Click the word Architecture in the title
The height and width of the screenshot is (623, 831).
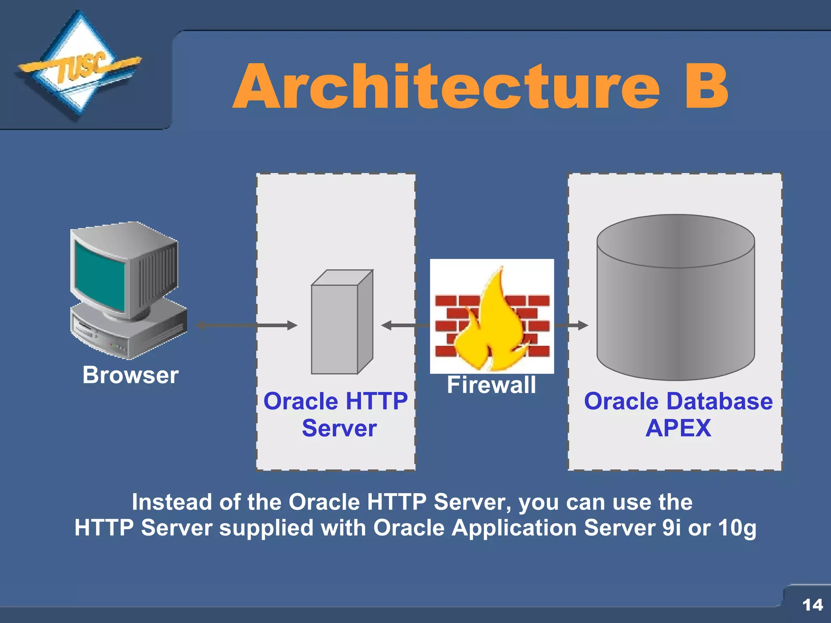446,87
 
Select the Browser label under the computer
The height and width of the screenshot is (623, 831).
130,375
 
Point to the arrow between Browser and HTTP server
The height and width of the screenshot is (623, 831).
246,325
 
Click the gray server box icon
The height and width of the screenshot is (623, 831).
341,322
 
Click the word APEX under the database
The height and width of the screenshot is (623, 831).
678,428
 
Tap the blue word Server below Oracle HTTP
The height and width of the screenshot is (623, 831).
339,428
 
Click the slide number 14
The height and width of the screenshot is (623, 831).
812,605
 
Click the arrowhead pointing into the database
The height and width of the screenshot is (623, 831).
583,325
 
